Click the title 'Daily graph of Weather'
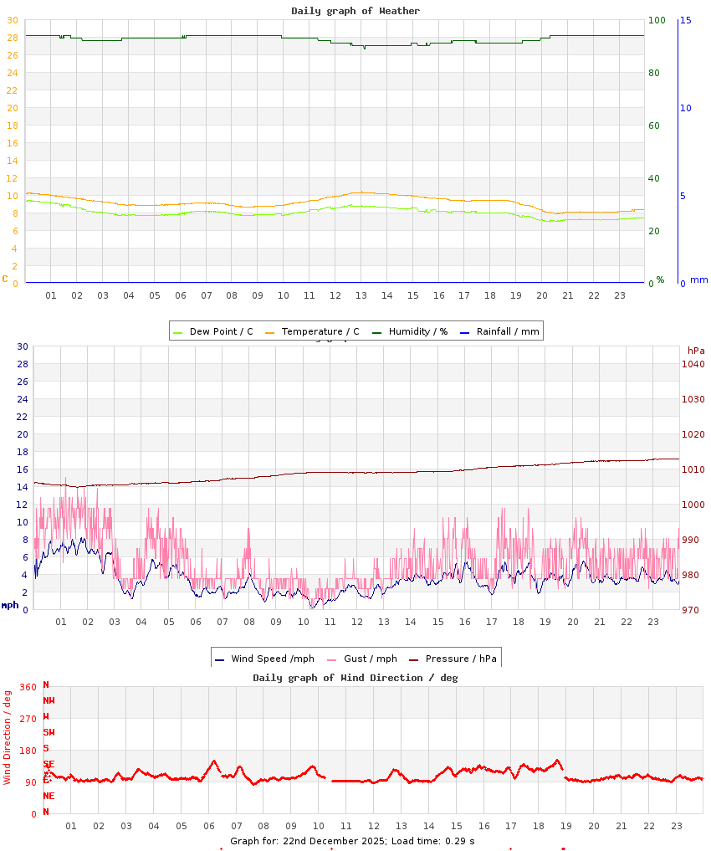[x=355, y=11]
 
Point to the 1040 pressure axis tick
[x=693, y=364]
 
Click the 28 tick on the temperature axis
[x=12, y=38]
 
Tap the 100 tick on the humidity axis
[x=657, y=20]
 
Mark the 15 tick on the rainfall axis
[x=685, y=20]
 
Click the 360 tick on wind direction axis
[x=28, y=687]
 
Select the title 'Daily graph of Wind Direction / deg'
[x=355, y=678]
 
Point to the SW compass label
[x=49, y=732]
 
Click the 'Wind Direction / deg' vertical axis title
[x=8, y=737]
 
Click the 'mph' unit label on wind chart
[x=10, y=605]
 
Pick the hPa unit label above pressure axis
[x=696, y=350]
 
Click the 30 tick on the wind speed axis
[x=23, y=346]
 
